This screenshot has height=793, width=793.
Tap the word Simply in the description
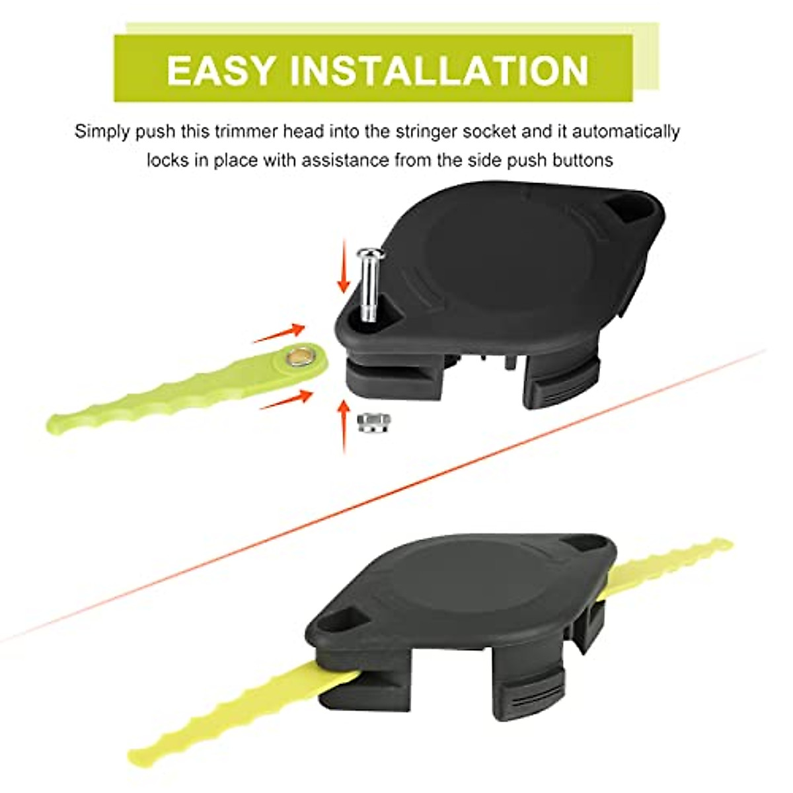point(103,131)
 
